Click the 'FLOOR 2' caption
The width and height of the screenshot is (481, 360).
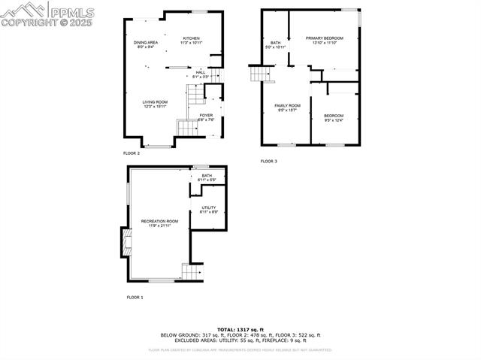pyautogui.click(x=132, y=153)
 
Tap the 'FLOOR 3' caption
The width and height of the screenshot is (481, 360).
pyautogui.click(x=269, y=161)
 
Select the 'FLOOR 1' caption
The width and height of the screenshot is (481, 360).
pyautogui.click(x=135, y=298)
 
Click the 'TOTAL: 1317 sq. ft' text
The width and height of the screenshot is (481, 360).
pyautogui.click(x=240, y=329)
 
